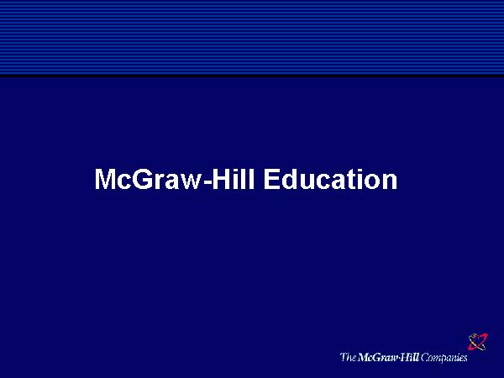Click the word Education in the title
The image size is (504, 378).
click(330, 179)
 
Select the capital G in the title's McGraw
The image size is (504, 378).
click(142, 179)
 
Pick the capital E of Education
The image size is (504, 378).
click(271, 179)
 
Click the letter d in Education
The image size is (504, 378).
click(289, 179)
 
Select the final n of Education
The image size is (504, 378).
click(391, 181)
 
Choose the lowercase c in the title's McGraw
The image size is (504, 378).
click(124, 181)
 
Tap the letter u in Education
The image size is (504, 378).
click(307, 182)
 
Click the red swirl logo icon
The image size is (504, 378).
click(478, 342)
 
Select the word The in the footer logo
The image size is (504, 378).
click(348, 357)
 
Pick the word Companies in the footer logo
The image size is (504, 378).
click(444, 358)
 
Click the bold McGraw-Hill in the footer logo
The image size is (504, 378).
click(388, 357)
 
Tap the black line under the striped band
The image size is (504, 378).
click(252, 76)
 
